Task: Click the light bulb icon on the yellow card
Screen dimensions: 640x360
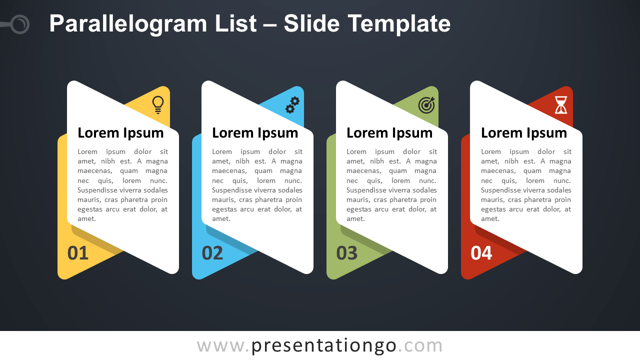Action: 158,105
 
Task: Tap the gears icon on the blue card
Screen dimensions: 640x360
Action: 292,105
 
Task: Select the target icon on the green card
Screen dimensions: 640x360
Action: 426,105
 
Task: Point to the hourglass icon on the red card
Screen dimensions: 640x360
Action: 561,105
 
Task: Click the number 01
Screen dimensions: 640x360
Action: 77,253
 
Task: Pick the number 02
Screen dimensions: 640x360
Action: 212,253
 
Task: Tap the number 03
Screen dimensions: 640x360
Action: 347,253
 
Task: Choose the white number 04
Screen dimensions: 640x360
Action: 481,253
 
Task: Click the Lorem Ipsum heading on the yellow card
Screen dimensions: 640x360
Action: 120,133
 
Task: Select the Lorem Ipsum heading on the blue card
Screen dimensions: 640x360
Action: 255,133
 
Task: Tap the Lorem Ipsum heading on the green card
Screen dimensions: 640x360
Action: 389,133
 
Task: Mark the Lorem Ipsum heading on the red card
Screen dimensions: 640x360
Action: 524,133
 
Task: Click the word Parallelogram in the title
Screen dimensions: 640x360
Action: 128,24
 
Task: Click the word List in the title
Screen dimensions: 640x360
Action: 235,23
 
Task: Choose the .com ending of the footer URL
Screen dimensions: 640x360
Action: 420,346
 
